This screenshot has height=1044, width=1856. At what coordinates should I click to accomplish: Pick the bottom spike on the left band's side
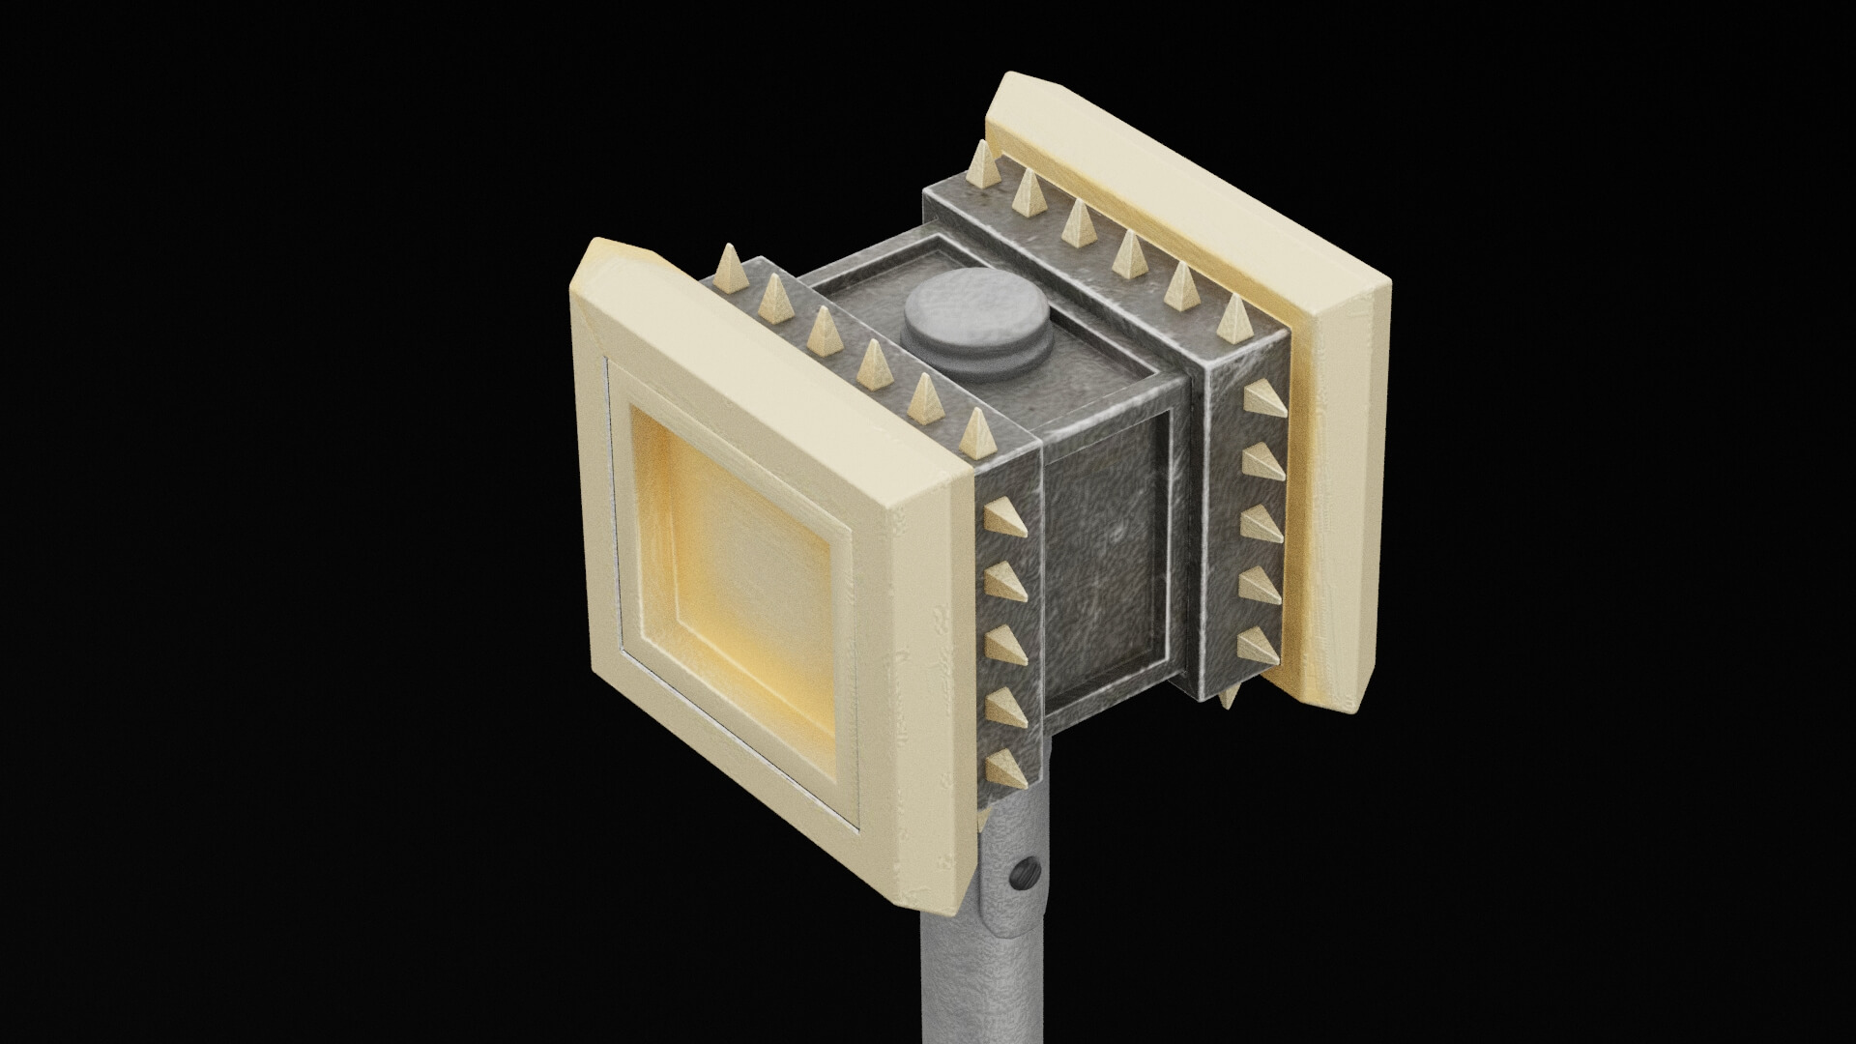[x=1005, y=768]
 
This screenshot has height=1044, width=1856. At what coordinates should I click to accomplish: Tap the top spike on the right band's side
[x=1264, y=399]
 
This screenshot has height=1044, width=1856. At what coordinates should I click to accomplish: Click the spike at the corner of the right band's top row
[x=1236, y=319]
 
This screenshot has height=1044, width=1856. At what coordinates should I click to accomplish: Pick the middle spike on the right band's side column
[x=1261, y=523]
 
